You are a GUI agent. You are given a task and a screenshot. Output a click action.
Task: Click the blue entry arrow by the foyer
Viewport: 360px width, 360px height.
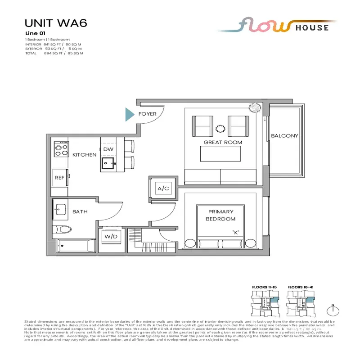pos(130,114)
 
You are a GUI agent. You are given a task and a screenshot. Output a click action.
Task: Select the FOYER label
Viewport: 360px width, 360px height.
pos(148,114)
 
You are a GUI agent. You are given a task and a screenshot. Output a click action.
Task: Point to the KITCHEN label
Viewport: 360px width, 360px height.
pos(84,155)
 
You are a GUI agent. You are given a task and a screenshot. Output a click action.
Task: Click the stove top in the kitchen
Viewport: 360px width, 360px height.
pos(61,149)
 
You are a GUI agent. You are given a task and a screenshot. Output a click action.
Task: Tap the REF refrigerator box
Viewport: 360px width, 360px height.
pos(59,177)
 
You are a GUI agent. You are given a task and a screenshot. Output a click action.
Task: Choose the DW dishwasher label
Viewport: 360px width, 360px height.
pos(108,149)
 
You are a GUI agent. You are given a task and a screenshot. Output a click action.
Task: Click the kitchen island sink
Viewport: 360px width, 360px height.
pos(108,163)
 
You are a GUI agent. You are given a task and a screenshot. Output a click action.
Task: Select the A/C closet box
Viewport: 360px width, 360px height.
pos(163,189)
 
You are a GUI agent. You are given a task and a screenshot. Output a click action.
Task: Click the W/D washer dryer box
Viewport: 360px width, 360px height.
pos(110,236)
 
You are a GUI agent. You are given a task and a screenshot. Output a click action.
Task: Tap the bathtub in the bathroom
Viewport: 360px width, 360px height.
pos(76,246)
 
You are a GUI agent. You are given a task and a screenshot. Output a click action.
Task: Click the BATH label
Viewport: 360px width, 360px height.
pos(80,211)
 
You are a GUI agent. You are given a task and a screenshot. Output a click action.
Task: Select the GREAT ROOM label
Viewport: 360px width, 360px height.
pos(223,143)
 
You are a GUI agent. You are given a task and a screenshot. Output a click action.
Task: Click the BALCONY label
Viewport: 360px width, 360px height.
pos(284,136)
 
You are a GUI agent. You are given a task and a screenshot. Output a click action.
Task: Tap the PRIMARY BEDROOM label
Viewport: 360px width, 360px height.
pos(221,215)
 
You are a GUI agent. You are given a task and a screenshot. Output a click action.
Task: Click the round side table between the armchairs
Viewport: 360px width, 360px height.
pos(221,129)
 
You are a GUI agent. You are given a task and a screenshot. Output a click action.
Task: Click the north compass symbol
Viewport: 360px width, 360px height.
pos(333,310)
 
